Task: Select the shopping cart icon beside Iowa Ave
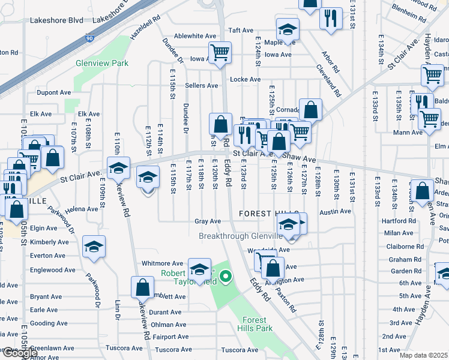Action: pyautogui.click(x=220, y=52)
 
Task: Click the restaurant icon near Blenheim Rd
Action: pyautogui.click(x=330, y=19)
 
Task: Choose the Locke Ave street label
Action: pyautogui.click(x=245, y=79)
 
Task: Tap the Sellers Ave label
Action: pyautogui.click(x=201, y=86)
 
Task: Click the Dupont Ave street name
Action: pyautogui.click(x=53, y=93)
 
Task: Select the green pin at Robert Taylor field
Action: pyautogui.click(x=226, y=276)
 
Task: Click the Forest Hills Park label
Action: pyautogui.click(x=258, y=324)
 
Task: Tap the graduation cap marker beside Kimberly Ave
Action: pyautogui.click(x=93, y=247)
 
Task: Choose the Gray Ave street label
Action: pyautogui.click(x=208, y=221)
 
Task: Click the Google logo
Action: pyautogui.click(x=19, y=353)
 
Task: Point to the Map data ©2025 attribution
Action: pyautogui.click(x=423, y=356)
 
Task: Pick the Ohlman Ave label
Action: pyautogui.click(x=166, y=325)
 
